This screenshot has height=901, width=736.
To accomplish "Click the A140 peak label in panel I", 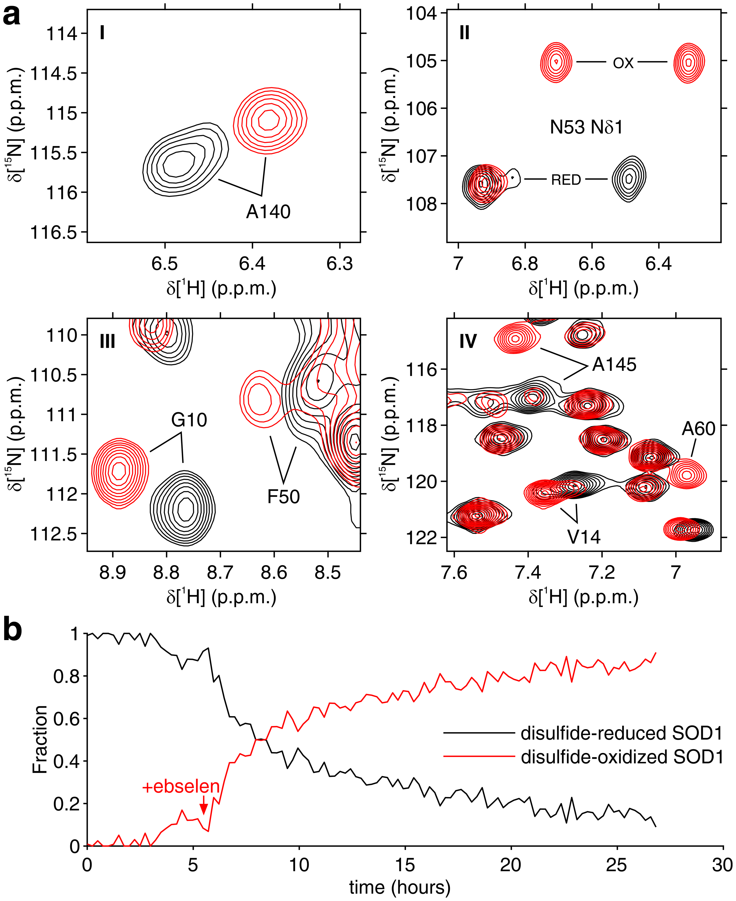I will [268, 212].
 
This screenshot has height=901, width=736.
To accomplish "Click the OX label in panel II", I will [623, 63].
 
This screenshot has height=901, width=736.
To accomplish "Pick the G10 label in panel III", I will [189, 420].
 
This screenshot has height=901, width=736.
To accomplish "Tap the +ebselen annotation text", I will [181, 787].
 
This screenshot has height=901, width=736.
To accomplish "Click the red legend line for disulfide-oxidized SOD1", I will [479, 756].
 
